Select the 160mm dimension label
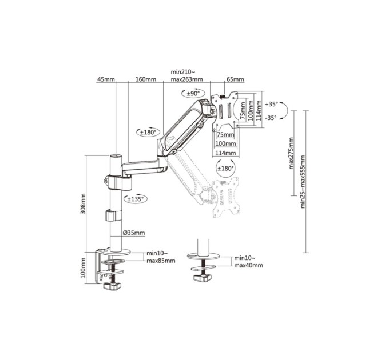146,79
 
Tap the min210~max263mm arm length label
186,76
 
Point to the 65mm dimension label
235,79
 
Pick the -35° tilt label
271,118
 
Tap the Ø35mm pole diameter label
134,233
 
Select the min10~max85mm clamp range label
161,257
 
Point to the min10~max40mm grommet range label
248,262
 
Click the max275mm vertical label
292,153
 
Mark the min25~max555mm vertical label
303,182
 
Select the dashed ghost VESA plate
225,197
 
